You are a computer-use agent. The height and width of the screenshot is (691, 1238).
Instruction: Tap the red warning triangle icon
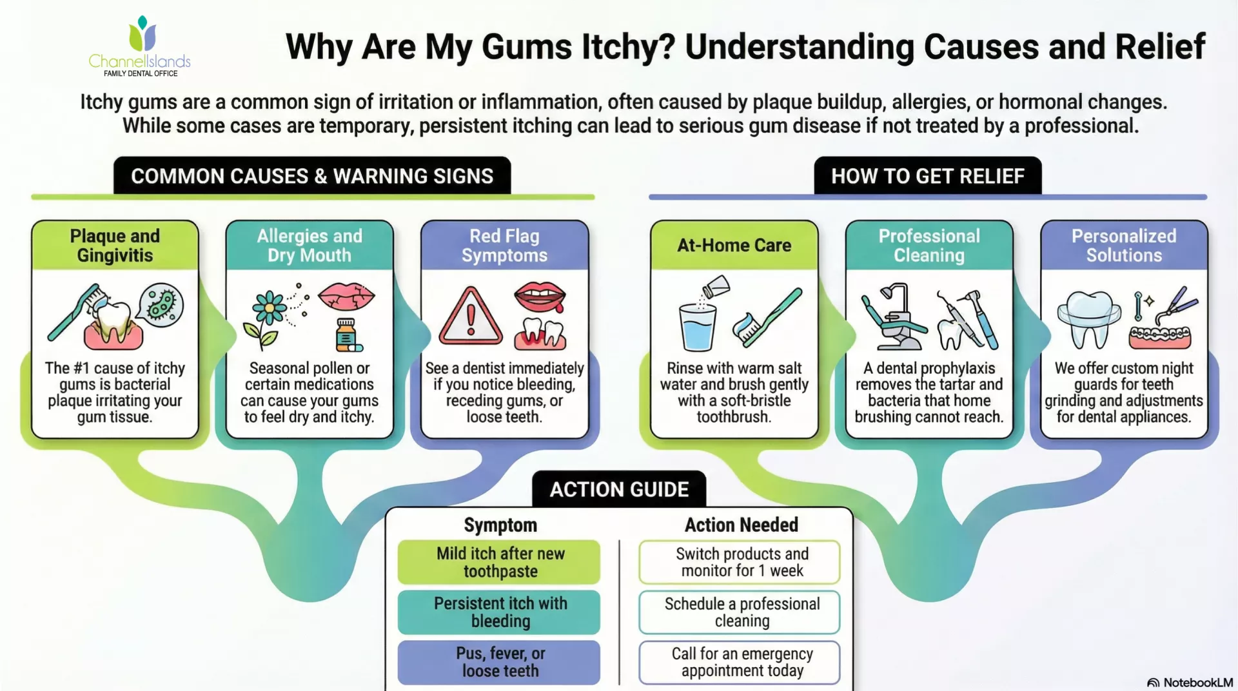pyautogui.click(x=471, y=317)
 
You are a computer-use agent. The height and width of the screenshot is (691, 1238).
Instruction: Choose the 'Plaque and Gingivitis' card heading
pyautogui.click(x=115, y=246)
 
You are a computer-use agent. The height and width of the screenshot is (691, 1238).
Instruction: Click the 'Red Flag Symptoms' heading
pyautogui.click(x=504, y=246)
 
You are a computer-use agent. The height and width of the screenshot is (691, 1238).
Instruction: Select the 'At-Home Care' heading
pyautogui.click(x=734, y=246)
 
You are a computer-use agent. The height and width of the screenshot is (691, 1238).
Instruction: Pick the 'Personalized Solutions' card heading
pyautogui.click(x=1123, y=246)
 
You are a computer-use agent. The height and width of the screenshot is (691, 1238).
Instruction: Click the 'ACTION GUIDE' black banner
pyautogui.click(x=619, y=489)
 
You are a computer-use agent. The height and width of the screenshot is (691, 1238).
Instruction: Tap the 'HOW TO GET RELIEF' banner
pyautogui.click(x=927, y=176)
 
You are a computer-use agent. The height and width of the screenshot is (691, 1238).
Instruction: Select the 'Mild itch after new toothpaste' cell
pyautogui.click(x=500, y=562)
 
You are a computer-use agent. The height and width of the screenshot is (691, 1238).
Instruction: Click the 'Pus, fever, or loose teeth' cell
pyautogui.click(x=500, y=662)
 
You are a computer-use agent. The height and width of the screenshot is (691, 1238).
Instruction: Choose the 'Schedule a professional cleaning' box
pyautogui.click(x=742, y=612)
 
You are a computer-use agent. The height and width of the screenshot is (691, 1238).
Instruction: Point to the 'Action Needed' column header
pyautogui.click(x=741, y=525)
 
